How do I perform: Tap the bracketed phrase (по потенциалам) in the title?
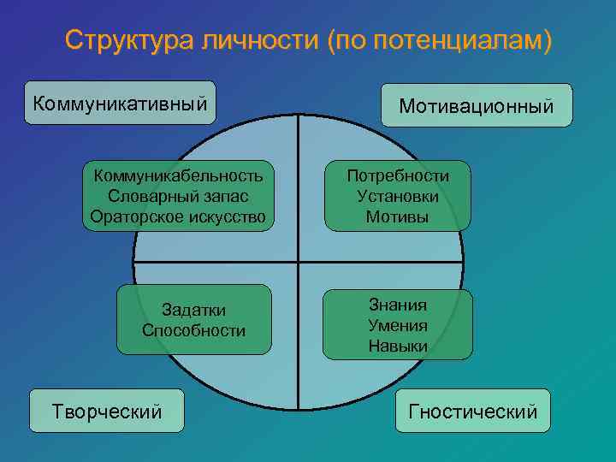[439, 41]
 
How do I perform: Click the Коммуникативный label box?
[120, 104]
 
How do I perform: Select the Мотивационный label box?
[477, 106]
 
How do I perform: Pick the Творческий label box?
[107, 412]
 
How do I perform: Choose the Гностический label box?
[473, 412]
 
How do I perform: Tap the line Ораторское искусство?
[179, 216]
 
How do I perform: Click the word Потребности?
[398, 175]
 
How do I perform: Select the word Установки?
[398, 196]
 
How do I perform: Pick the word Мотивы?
[398, 216]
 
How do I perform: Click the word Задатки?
[194, 310]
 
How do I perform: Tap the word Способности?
[194, 330]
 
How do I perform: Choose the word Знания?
[398, 305]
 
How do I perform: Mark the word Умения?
[398, 325]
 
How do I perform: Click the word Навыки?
[398, 346]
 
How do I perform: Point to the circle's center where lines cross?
[298, 260]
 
